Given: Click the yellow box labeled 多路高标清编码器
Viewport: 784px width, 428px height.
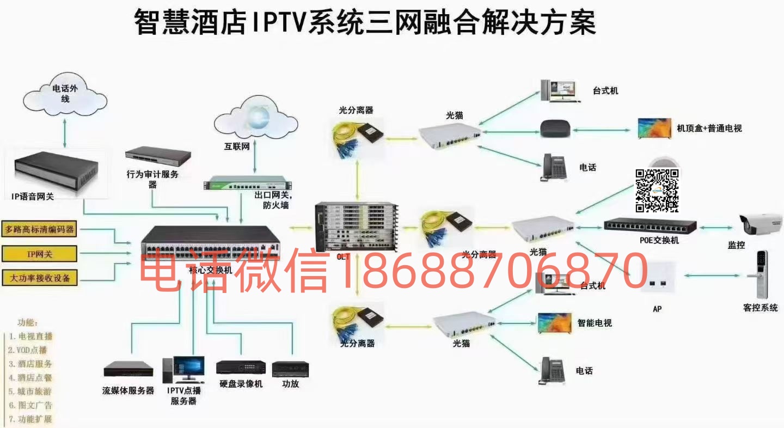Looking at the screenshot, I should point(39,229).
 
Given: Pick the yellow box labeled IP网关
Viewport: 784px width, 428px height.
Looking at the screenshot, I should point(39,254).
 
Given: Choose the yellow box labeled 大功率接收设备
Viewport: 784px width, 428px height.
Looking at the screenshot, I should point(39,278).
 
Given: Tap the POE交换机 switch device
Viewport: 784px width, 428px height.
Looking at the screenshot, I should point(650,225).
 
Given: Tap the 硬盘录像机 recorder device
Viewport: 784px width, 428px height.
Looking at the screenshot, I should point(241,368).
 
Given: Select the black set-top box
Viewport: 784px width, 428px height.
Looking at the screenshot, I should point(555,129).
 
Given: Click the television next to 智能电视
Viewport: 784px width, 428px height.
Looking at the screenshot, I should point(555,323).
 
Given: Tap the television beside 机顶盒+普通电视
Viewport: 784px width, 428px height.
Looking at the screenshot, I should point(655,129).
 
